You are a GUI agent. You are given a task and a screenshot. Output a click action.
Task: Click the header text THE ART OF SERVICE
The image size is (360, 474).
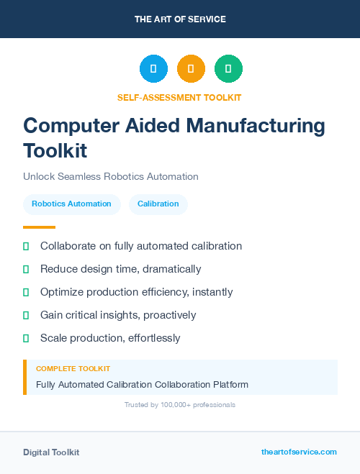(180, 19)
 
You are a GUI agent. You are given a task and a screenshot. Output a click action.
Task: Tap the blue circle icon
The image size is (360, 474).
(153, 69)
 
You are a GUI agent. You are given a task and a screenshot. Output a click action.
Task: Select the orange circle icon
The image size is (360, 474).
(191, 69)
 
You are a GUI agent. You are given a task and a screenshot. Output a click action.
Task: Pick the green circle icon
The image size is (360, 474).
(228, 69)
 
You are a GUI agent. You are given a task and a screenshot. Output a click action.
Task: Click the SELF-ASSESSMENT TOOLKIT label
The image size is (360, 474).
(179, 97)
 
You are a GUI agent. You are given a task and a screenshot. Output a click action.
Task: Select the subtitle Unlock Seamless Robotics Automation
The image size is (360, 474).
(110, 176)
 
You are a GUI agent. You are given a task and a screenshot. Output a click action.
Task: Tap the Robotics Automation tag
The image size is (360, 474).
(71, 204)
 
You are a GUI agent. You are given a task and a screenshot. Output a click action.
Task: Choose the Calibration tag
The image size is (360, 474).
(158, 204)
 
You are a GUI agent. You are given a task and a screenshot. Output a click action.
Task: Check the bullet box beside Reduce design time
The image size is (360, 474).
(26, 269)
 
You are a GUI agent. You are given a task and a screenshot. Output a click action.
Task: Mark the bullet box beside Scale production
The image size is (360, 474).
(26, 338)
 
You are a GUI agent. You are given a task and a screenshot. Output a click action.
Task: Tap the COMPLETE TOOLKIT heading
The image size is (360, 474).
(73, 368)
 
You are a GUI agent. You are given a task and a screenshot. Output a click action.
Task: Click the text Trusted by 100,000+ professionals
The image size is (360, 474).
(179, 405)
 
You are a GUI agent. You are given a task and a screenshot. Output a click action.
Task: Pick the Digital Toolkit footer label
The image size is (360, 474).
(51, 452)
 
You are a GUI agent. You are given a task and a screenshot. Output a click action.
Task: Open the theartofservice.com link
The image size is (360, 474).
(299, 452)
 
